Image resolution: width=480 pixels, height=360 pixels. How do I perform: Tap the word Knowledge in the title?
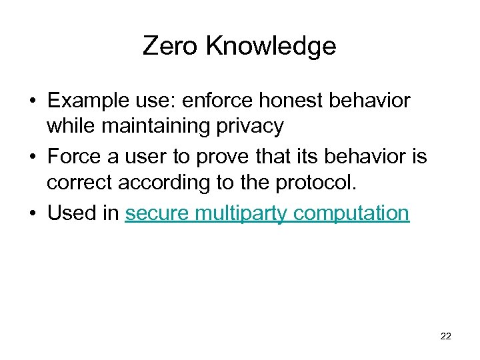[271, 46]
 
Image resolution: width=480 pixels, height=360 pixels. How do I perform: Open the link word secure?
[151, 213]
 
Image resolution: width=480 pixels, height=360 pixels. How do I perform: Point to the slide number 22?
[446, 336]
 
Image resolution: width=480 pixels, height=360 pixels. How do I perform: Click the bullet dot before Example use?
[31, 102]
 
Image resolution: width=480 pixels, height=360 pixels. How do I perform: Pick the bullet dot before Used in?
[31, 214]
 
